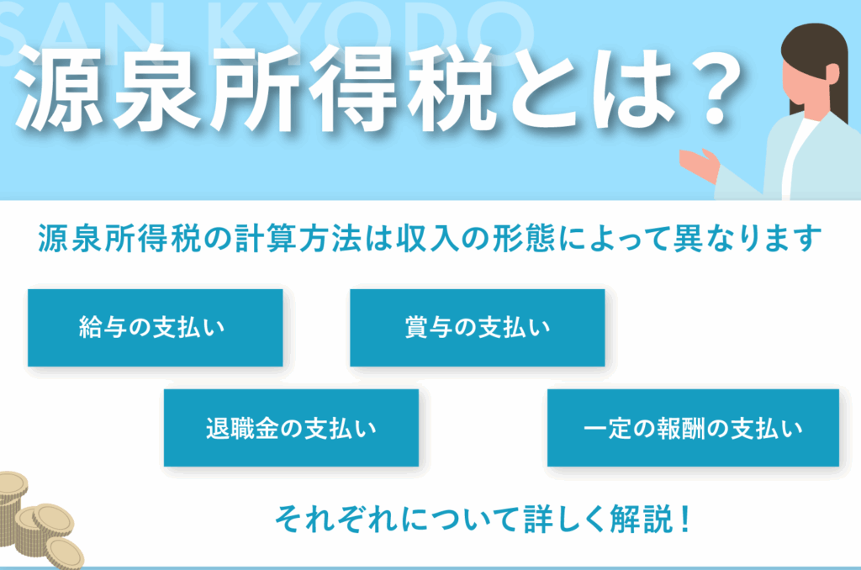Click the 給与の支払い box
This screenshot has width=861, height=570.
(156, 327)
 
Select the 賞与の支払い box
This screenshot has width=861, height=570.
(478, 327)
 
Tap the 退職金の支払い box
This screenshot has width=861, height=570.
(291, 428)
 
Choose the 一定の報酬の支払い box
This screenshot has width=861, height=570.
(693, 428)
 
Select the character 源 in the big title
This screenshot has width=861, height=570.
(59, 89)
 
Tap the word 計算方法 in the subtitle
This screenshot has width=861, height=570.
(298, 239)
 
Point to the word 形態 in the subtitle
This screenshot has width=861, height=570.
(523, 239)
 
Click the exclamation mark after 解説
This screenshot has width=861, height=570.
(684, 519)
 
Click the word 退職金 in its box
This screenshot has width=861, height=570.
(241, 428)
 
